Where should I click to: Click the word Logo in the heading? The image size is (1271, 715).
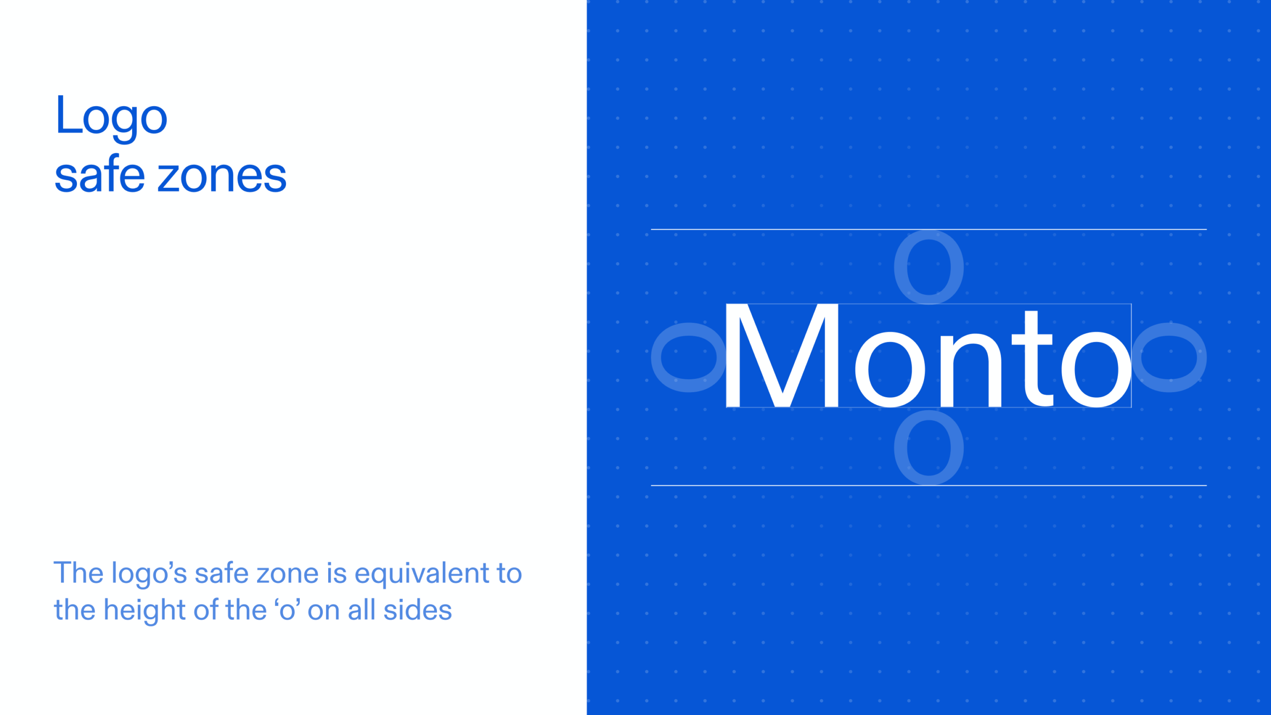(x=111, y=116)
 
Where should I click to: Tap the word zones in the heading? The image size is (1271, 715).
(x=222, y=176)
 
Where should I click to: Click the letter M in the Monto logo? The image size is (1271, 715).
(x=782, y=356)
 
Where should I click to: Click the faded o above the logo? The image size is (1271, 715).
(x=928, y=267)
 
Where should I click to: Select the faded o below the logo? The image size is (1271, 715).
(x=928, y=448)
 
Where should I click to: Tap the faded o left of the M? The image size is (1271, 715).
(x=688, y=357)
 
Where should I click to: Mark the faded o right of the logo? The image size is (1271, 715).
(x=1169, y=357)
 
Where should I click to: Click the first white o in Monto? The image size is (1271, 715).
(x=890, y=370)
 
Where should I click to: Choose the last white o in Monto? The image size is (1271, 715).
(x=1096, y=370)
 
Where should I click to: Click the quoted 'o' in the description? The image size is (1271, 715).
(x=287, y=610)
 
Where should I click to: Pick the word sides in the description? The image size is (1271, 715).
(x=418, y=610)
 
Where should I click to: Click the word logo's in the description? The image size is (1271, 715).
(x=149, y=574)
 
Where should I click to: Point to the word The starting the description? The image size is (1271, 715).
(x=78, y=573)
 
